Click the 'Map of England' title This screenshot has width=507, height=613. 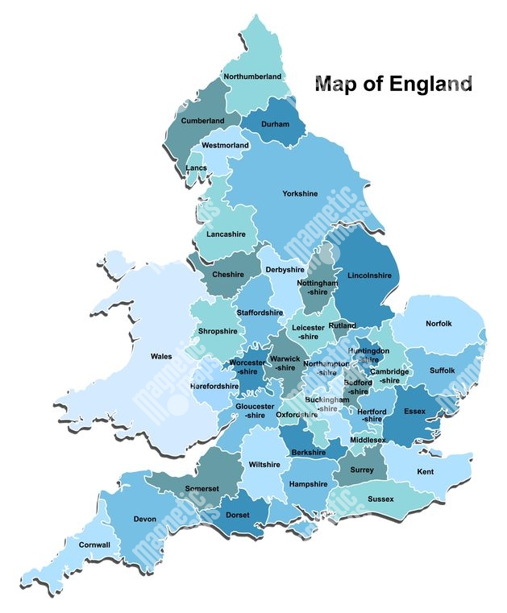point(393,84)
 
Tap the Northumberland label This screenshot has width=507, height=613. point(253,77)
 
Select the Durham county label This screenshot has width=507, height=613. point(275,124)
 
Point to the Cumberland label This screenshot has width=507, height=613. point(202,121)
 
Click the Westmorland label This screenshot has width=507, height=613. point(225,146)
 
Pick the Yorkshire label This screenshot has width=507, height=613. point(300,193)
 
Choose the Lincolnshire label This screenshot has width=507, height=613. point(369,275)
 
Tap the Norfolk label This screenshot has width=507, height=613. point(438,324)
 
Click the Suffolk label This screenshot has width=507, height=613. point(442,371)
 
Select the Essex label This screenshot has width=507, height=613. point(414,411)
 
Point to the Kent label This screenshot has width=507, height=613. point(426,471)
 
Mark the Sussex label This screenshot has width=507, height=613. point(380,499)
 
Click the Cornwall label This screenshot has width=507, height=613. point(94,545)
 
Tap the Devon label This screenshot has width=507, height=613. point(145,520)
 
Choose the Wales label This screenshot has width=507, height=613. point(161,356)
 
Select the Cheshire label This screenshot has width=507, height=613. point(228,275)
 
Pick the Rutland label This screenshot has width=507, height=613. point(342,325)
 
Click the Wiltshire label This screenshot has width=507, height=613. point(264,465)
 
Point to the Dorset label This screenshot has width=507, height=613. point(238,515)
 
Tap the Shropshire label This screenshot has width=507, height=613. point(218,331)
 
